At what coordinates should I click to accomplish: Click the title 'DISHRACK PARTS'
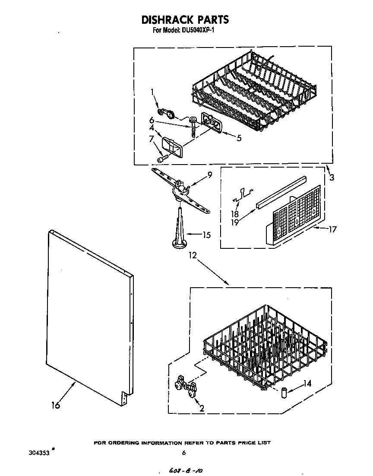pyautogui.click(x=185, y=19)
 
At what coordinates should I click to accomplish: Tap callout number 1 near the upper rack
pyautogui.click(x=152, y=92)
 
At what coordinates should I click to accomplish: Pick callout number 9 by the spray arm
pyautogui.click(x=209, y=175)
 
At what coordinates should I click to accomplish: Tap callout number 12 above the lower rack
pyautogui.click(x=193, y=256)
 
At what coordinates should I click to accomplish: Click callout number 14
pyautogui.click(x=307, y=383)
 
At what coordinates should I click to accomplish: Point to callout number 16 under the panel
pyautogui.click(x=55, y=405)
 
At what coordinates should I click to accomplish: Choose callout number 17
pyautogui.click(x=332, y=230)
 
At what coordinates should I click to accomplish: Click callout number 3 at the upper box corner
pyautogui.click(x=332, y=176)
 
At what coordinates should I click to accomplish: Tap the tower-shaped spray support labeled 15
pyautogui.click(x=179, y=229)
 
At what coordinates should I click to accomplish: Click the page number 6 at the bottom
pyautogui.click(x=184, y=453)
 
